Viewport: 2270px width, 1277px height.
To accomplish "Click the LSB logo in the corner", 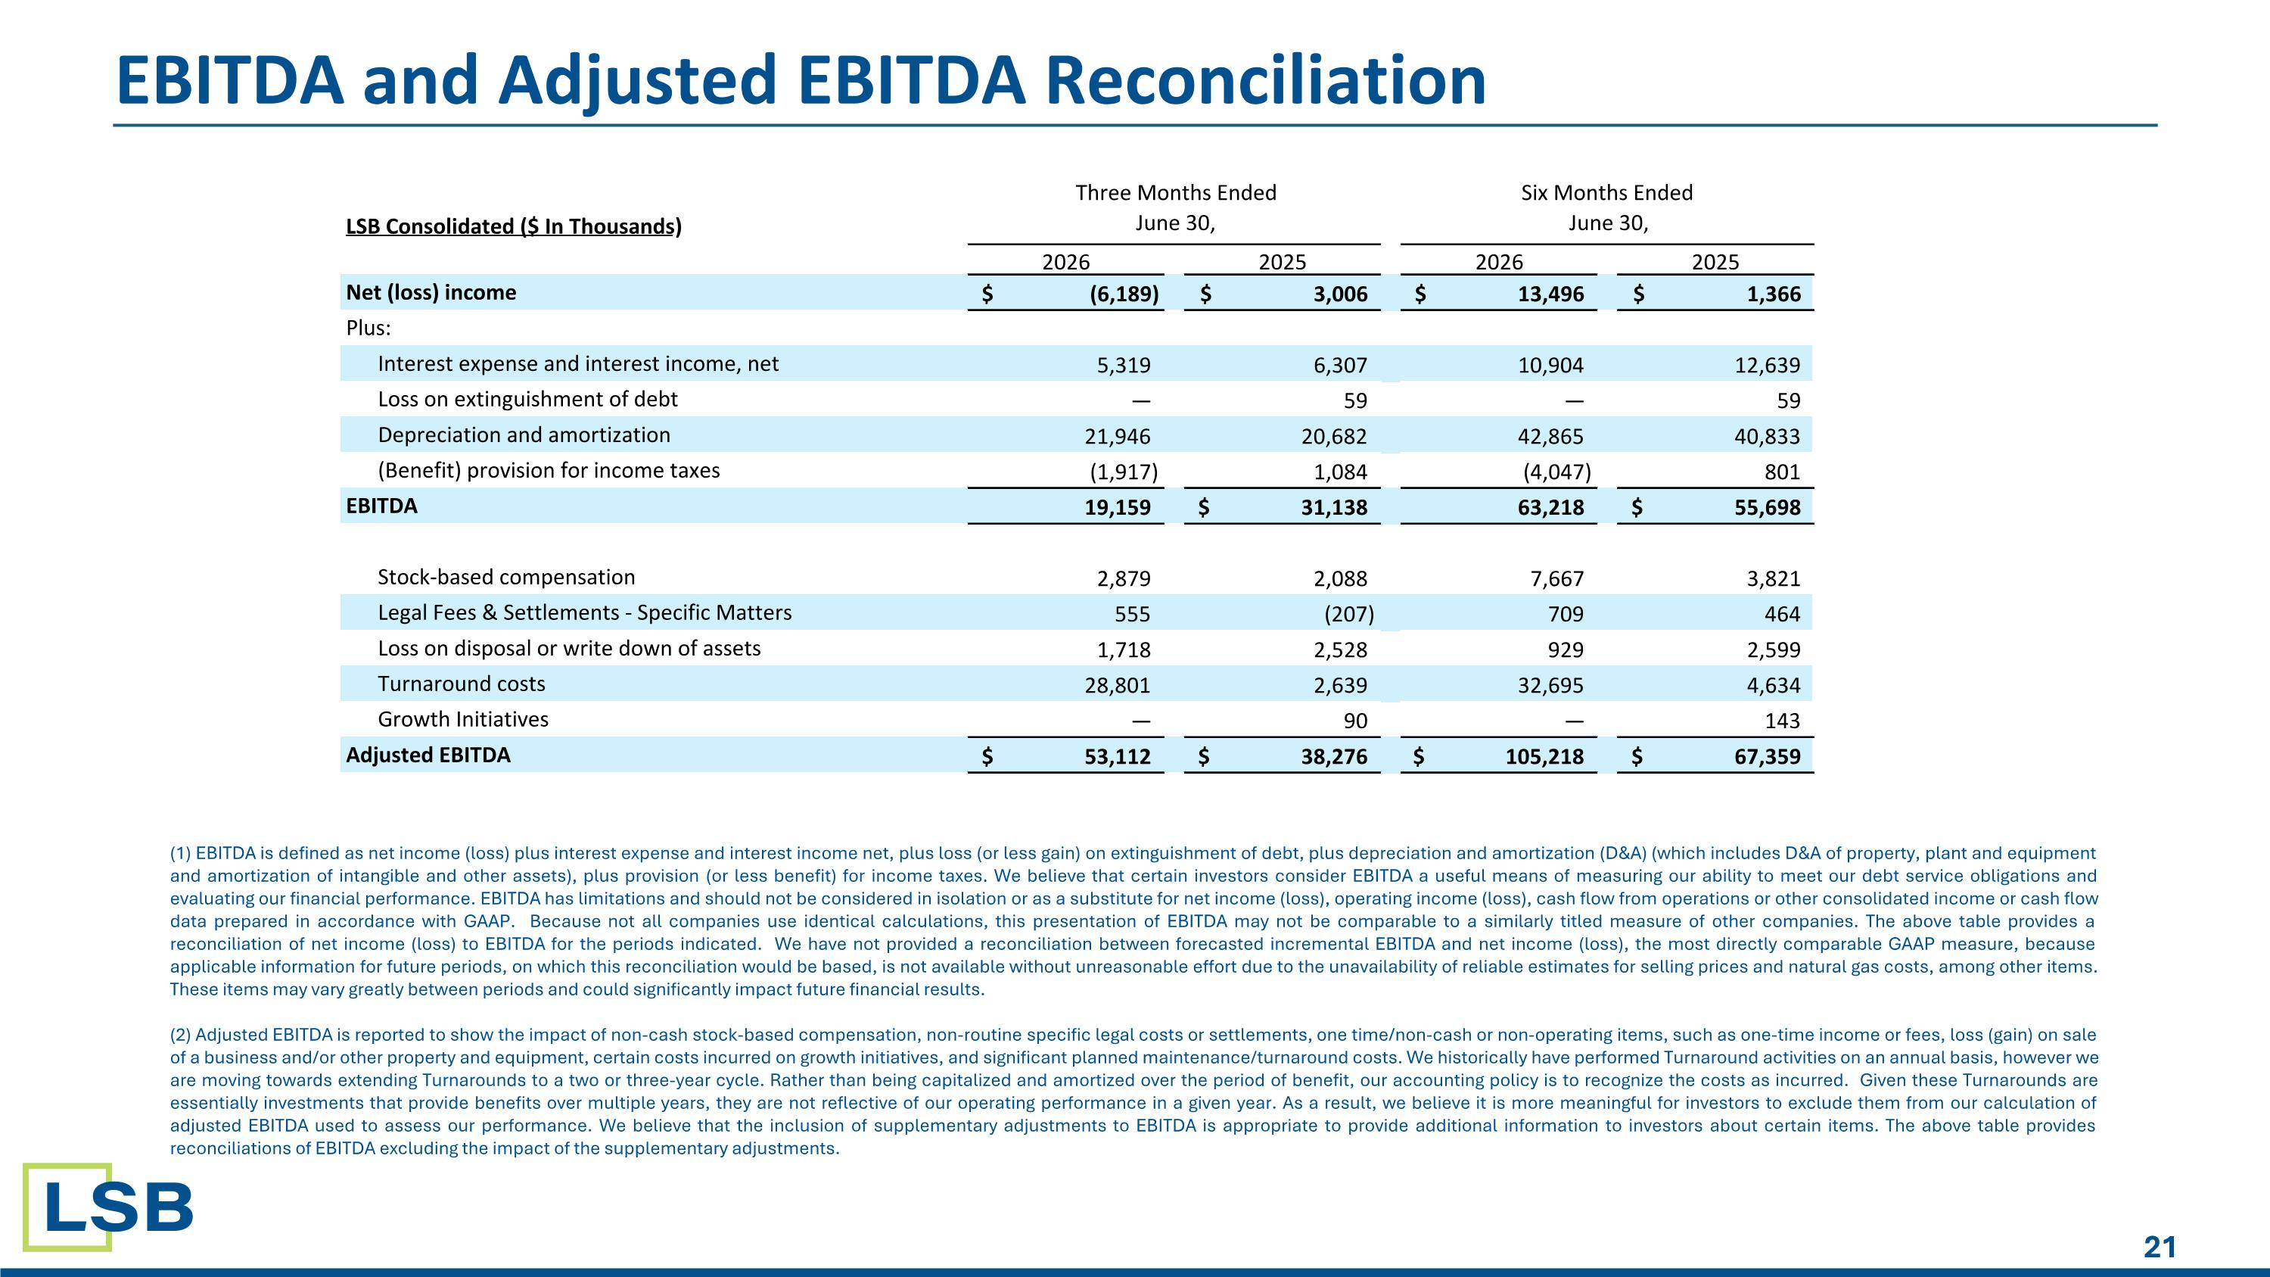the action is (x=108, y=1207).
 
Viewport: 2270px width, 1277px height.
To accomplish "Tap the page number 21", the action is (x=2160, y=1247).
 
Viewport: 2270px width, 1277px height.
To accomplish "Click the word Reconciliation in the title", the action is (x=1265, y=80).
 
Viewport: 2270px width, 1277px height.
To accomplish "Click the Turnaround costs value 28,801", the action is (x=1118, y=685).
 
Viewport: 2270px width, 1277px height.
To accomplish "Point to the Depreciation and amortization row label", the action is (x=524, y=434).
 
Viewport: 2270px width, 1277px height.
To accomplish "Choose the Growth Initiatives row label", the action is (x=462, y=719).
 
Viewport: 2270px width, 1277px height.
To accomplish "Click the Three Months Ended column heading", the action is (x=1176, y=192).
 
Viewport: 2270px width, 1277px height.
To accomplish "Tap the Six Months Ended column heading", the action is (x=1606, y=192).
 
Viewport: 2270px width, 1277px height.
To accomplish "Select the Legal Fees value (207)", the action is (x=1349, y=613).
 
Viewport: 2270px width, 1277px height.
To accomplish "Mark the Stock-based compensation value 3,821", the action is (x=1773, y=578).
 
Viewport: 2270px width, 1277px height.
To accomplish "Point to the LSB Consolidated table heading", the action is (x=514, y=226).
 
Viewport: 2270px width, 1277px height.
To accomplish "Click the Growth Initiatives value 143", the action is (x=1782, y=721).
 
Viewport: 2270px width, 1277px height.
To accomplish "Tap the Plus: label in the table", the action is (x=368, y=328).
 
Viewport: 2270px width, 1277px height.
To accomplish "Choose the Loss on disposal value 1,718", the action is (x=1124, y=649).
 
